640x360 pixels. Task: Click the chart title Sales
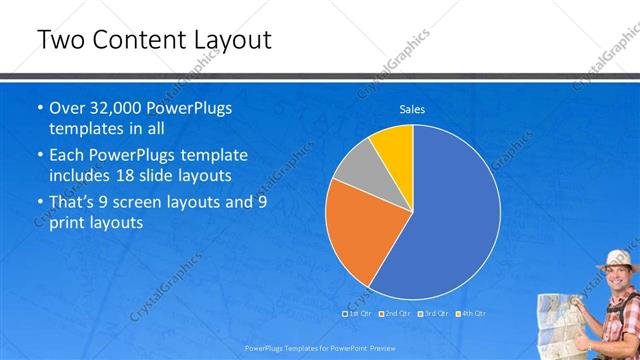coord(412,109)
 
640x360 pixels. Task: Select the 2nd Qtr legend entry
coord(396,313)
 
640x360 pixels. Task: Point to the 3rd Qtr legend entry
coord(434,313)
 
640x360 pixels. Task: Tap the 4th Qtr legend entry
coord(471,313)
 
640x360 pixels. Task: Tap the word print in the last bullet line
coord(68,224)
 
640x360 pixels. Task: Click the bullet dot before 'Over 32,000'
coord(39,108)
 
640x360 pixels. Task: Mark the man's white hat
coord(617,258)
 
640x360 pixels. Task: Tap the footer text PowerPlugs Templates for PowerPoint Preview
coord(319,349)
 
